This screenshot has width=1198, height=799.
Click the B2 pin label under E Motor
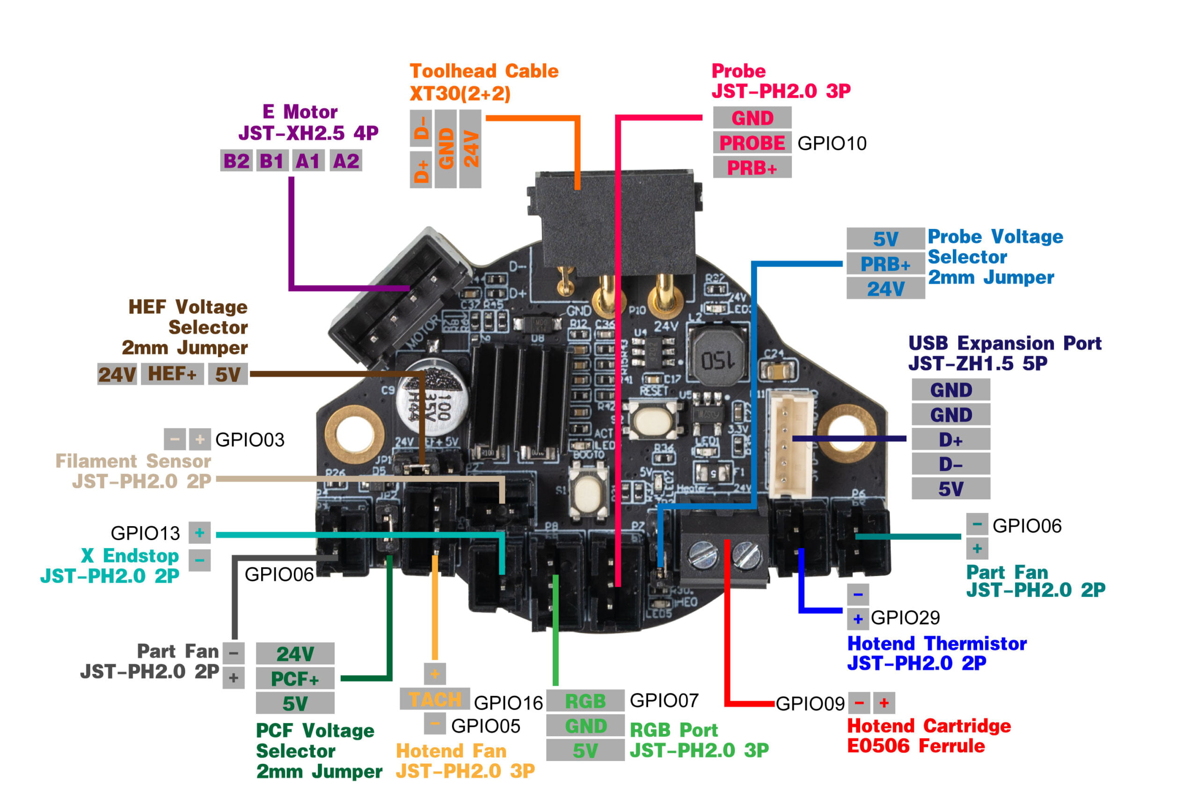pos(236,161)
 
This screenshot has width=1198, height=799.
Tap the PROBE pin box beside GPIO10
pos(752,143)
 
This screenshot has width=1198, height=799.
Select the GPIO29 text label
pos(905,617)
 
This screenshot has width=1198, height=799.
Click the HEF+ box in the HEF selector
pos(172,374)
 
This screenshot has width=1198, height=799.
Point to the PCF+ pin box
pos(295,679)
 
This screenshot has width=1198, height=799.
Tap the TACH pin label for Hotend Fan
pos(434,700)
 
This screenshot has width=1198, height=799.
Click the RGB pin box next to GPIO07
pos(585,701)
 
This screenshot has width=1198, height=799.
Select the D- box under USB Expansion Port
pos(950,464)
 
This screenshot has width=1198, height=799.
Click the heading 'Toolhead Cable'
pos(484,71)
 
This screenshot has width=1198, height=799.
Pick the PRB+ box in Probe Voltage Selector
pos(885,264)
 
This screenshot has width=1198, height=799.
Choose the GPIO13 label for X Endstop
pos(145,533)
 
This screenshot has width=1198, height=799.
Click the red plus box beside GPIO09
pos(884,703)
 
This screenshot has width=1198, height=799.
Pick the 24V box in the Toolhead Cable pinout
pos(470,149)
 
